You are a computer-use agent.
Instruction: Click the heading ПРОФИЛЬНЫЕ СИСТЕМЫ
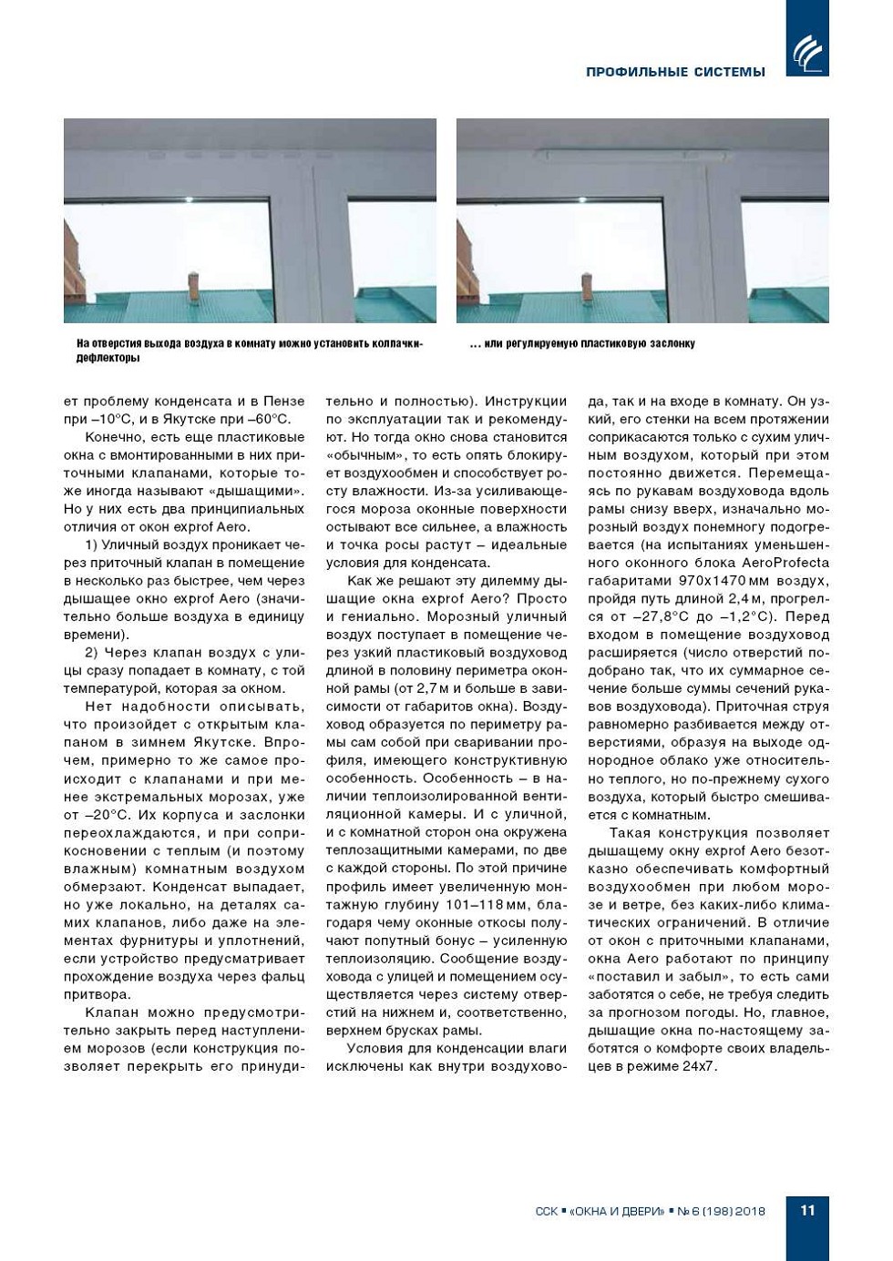pos(675,72)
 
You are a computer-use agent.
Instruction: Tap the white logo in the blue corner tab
pos(807,53)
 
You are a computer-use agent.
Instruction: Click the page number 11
pos(807,1210)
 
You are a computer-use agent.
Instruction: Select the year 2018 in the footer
pos(751,1211)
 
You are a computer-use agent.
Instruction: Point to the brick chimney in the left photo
pos(193,285)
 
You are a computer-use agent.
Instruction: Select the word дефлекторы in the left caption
pos(108,359)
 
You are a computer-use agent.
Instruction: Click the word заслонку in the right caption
pos(673,344)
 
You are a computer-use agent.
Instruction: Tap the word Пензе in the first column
pos(284,402)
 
